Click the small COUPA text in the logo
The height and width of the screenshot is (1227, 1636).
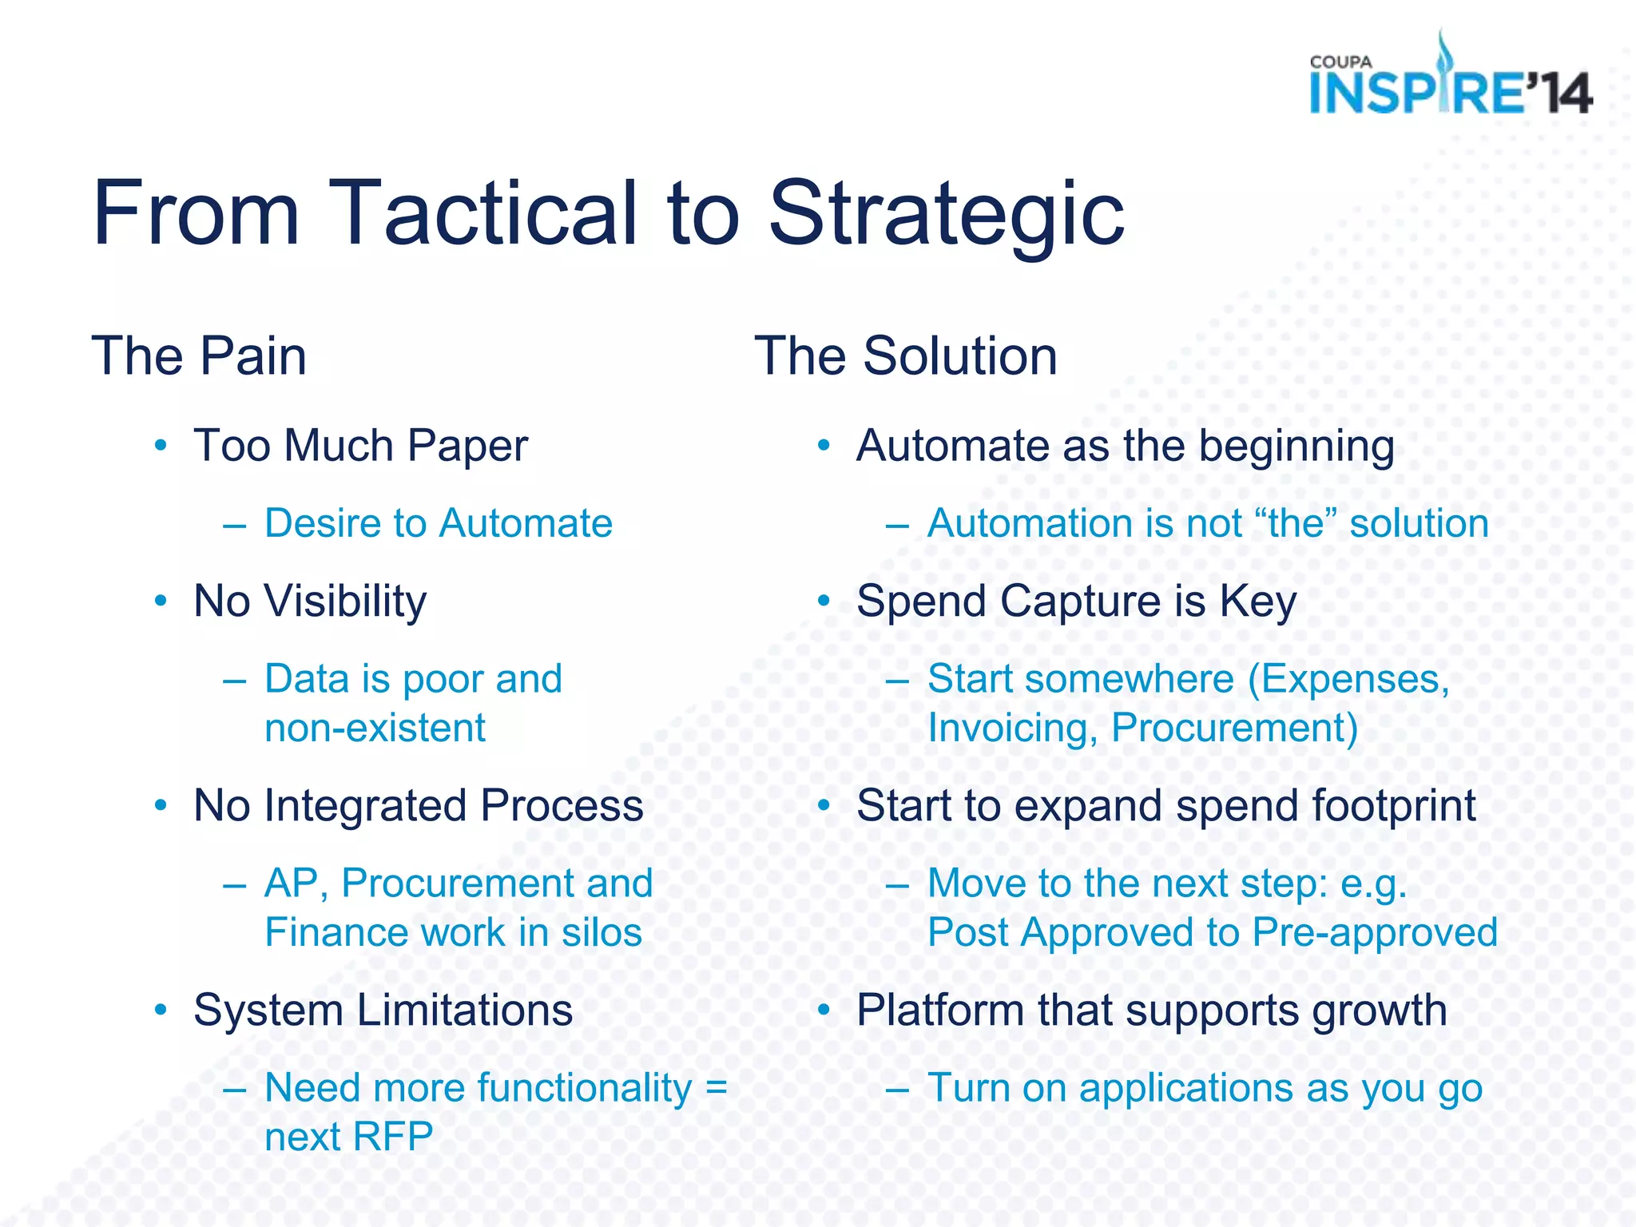pyautogui.click(x=1340, y=62)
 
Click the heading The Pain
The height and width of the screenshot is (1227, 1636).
pyautogui.click(x=199, y=356)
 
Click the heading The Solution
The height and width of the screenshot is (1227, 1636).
pyautogui.click(x=906, y=356)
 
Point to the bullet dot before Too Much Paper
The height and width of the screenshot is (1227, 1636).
pyautogui.click(x=161, y=445)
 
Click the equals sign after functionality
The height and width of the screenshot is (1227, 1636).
pyautogui.click(x=717, y=1088)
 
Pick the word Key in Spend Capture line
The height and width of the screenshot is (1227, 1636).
pyautogui.click(x=1257, y=601)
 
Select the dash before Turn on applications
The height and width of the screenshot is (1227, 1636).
pyautogui.click(x=897, y=1089)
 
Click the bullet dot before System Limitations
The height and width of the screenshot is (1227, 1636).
pyautogui.click(x=161, y=1011)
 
